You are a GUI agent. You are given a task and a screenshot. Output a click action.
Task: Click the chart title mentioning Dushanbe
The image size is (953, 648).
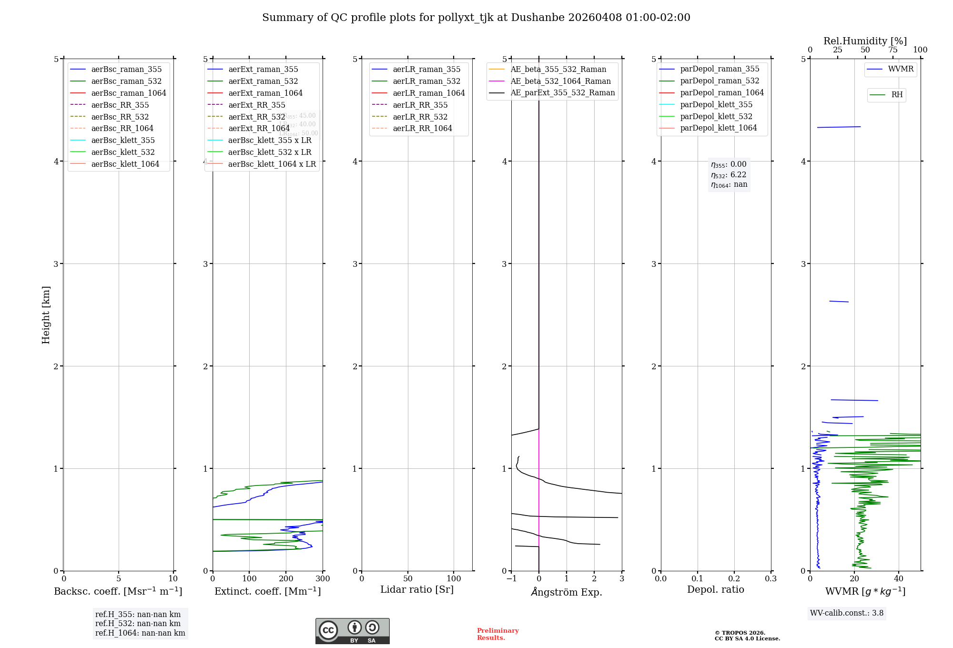[x=476, y=18]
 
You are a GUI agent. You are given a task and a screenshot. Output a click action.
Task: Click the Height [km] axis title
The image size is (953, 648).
[x=46, y=314]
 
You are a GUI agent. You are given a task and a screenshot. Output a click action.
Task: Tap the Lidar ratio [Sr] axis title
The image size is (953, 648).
[x=417, y=589]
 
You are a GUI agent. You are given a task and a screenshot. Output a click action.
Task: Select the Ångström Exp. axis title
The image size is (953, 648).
[x=567, y=592]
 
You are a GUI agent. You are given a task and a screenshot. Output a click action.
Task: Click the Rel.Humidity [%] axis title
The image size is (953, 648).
[x=865, y=41]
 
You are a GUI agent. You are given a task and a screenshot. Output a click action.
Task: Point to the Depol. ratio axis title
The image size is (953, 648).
[x=715, y=589]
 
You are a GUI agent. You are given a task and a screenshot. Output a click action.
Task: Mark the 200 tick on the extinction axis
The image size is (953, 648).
[x=286, y=578]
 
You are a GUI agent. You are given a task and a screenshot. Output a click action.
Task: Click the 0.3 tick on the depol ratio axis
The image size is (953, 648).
[x=771, y=578]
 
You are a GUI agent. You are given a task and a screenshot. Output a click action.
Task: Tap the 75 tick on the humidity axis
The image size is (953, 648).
[x=892, y=50]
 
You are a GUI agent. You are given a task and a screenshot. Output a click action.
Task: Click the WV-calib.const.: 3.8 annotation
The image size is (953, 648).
[x=846, y=613]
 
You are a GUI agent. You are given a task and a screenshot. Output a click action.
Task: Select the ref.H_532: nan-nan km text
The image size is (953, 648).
[x=138, y=623]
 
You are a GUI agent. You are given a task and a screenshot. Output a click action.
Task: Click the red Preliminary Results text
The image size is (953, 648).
[x=497, y=634]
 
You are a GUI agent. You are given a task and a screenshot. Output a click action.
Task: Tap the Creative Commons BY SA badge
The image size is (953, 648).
[x=352, y=631]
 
